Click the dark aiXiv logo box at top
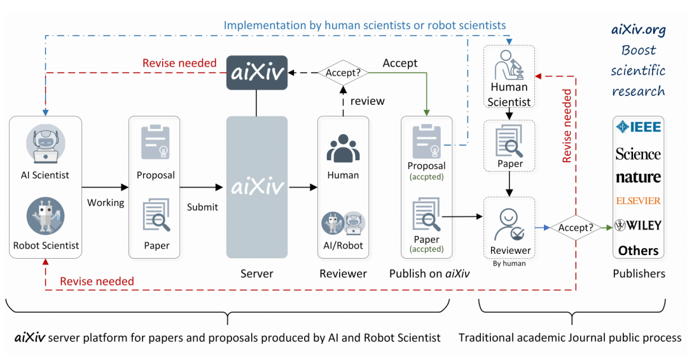click(x=257, y=73)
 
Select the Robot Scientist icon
click(x=46, y=216)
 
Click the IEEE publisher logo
click(x=639, y=127)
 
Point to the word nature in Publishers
click(x=639, y=177)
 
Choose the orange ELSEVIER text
click(x=639, y=201)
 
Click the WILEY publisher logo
click(x=638, y=225)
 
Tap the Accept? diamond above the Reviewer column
click(x=343, y=73)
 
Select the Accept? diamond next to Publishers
click(x=575, y=228)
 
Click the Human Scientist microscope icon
click(x=509, y=65)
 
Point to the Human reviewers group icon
click(x=343, y=149)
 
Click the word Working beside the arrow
click(x=106, y=203)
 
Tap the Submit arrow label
click(x=202, y=207)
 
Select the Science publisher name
click(x=638, y=154)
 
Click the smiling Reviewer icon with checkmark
click(x=509, y=225)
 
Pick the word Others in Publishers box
click(x=639, y=251)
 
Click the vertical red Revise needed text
click(x=567, y=126)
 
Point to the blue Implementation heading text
click(x=364, y=25)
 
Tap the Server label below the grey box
click(x=257, y=273)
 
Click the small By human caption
click(x=509, y=264)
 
